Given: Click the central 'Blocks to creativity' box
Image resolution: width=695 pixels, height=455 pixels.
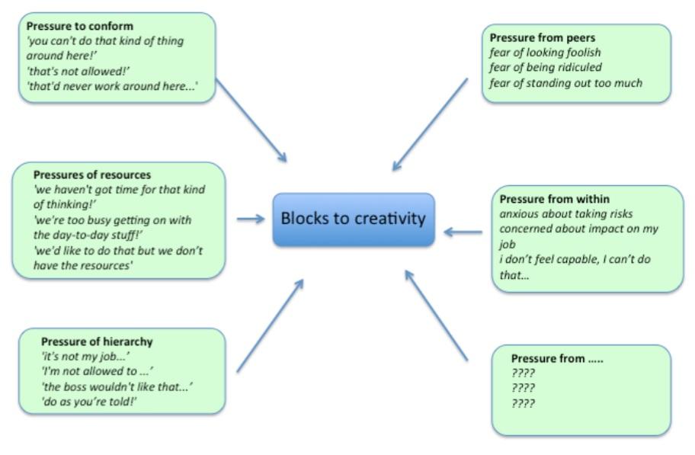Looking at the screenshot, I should [x=354, y=219].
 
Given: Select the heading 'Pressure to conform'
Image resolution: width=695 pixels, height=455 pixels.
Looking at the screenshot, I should [x=80, y=26].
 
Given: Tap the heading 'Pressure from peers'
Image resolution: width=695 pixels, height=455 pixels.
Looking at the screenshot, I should [x=543, y=37].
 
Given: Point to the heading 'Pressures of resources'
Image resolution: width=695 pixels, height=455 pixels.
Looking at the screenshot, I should [x=92, y=175].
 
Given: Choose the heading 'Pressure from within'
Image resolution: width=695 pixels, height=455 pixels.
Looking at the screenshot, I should [x=555, y=199].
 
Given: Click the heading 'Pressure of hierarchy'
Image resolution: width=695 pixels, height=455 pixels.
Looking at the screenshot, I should [x=97, y=341].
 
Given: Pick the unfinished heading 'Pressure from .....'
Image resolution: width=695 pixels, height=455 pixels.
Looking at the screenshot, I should [x=557, y=358].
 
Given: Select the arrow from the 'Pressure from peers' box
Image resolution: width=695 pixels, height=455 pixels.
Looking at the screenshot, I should [x=430, y=125].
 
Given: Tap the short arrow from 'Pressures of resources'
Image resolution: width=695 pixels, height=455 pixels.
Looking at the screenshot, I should [x=251, y=219].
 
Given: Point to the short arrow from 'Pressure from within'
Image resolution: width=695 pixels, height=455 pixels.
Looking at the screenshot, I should [x=463, y=232].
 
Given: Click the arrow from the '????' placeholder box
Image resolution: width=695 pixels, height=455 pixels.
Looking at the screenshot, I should [x=436, y=315].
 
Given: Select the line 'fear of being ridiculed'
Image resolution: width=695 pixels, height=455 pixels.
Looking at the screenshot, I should [x=545, y=67].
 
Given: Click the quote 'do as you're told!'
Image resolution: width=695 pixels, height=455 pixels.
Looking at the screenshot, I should [x=88, y=401].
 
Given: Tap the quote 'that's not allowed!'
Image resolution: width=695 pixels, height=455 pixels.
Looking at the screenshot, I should [x=78, y=71].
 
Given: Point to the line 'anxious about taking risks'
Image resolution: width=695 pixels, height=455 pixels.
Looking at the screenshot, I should [x=566, y=213].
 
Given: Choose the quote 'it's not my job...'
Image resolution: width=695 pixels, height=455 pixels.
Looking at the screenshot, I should [x=85, y=356].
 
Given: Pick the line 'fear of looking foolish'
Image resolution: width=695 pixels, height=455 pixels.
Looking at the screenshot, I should [x=545, y=52].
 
